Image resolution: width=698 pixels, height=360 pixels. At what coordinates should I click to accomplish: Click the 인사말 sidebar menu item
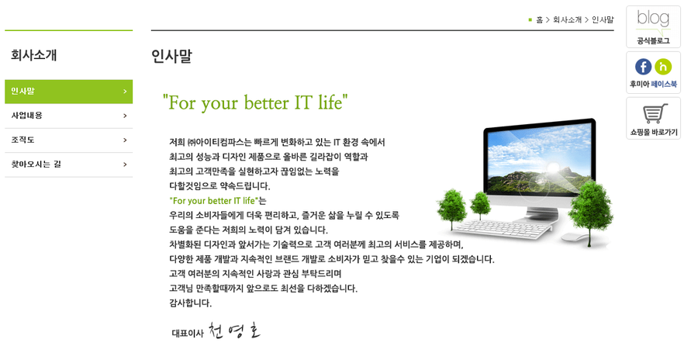[x=68, y=92]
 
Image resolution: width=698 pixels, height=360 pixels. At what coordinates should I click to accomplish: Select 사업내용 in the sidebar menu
[x=68, y=116]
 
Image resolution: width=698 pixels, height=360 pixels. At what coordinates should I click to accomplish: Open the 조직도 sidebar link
[x=68, y=140]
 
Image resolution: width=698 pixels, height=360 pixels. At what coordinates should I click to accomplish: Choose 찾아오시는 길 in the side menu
[x=68, y=164]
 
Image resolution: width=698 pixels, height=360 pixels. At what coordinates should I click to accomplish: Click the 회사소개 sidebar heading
[x=34, y=55]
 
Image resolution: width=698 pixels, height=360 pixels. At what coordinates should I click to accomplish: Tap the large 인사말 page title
[x=172, y=56]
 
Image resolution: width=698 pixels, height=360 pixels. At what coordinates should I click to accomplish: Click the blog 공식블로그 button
[x=653, y=26]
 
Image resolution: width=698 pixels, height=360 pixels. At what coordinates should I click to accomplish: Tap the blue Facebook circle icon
[x=643, y=67]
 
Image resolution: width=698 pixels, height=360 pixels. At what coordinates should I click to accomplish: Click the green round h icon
[x=663, y=67]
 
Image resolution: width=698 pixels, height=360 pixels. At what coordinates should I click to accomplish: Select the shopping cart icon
[x=655, y=113]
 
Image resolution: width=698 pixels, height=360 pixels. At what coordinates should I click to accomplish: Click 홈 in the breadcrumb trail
[x=539, y=20]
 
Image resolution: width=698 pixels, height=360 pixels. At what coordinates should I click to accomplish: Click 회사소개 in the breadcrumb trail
[x=567, y=20]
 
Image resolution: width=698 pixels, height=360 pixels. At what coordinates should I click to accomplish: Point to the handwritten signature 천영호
[x=234, y=331]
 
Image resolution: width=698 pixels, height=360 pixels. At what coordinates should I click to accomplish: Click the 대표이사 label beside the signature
[x=188, y=334]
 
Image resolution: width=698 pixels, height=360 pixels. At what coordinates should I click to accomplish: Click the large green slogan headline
[x=255, y=102]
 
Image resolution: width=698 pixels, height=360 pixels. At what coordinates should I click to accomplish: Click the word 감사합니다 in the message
[x=190, y=303]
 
